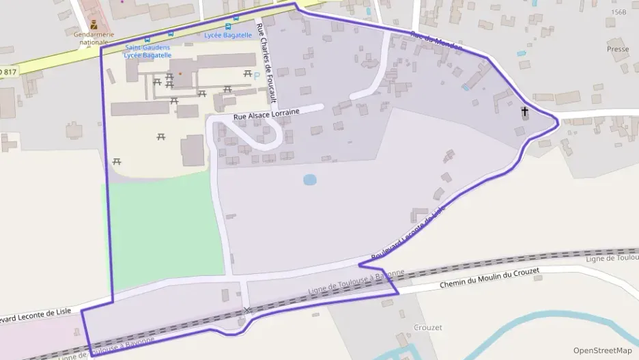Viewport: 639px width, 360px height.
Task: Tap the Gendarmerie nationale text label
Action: [x=94, y=38]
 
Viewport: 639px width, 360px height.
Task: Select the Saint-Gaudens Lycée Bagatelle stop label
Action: [x=147, y=51]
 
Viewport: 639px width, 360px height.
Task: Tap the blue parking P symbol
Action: [x=257, y=75]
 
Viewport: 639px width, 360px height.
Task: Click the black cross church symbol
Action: [x=525, y=111]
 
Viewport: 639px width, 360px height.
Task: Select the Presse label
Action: [x=618, y=50]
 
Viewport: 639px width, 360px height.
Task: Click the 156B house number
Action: [x=619, y=12]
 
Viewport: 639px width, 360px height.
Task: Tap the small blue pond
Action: [x=310, y=180]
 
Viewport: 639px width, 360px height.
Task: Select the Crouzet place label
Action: [x=428, y=327]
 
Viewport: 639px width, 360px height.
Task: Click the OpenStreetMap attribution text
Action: [x=602, y=350]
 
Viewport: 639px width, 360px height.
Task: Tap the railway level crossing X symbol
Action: [x=247, y=310]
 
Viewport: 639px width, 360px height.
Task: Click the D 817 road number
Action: [x=7, y=71]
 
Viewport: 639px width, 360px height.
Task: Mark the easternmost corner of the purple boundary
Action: [x=558, y=122]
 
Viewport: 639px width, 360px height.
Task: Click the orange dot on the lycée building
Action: [x=180, y=73]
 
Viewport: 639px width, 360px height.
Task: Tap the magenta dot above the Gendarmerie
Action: [x=122, y=1]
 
